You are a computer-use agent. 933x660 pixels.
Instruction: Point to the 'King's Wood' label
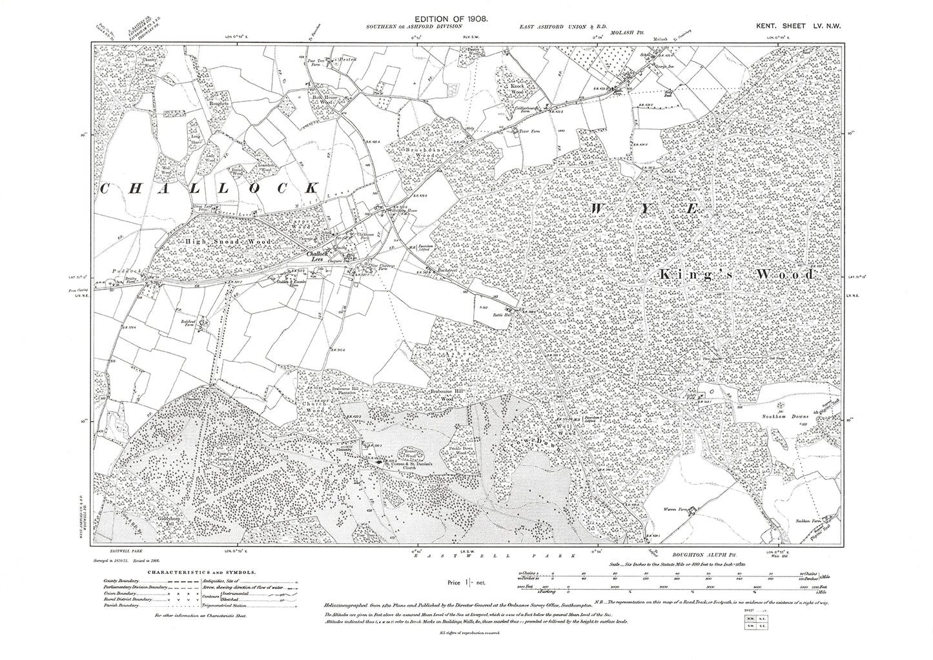[x=736, y=275]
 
